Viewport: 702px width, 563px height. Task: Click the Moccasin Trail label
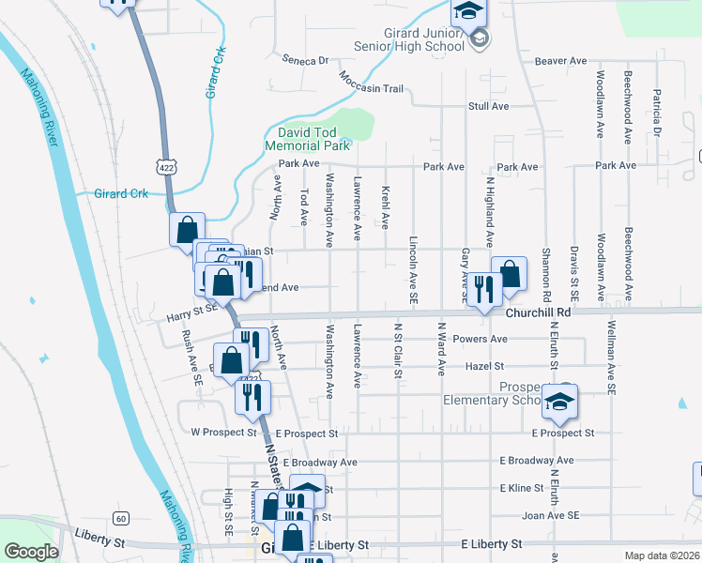(x=378, y=89)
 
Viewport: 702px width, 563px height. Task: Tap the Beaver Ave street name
(x=560, y=61)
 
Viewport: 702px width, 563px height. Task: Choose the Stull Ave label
(x=488, y=106)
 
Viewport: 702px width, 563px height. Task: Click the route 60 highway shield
(x=120, y=518)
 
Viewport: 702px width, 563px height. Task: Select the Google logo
(x=31, y=552)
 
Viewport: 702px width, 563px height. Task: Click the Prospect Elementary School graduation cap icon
(x=559, y=402)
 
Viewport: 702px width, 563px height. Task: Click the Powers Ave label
(x=480, y=339)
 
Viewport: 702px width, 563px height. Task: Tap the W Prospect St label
(x=223, y=433)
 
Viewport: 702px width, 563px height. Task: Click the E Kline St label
(x=522, y=488)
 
